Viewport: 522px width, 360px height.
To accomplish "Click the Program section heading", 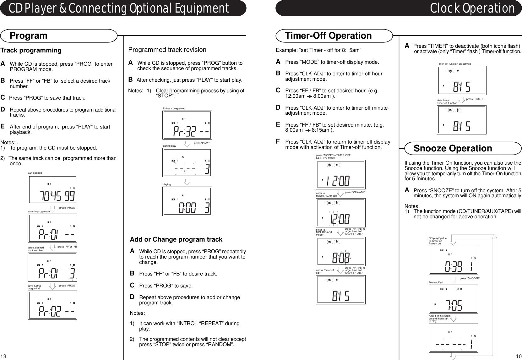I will [29, 35].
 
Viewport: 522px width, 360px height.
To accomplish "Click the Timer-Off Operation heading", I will [328, 35].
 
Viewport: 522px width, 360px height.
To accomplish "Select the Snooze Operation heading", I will [453, 148].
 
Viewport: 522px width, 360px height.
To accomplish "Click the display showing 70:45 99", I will [52, 190].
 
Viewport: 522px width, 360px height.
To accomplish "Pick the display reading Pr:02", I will [52, 305].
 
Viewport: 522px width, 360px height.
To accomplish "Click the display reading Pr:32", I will [187, 125].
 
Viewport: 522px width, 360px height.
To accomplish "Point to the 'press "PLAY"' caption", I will [202, 143].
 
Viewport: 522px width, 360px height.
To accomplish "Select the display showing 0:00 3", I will [187, 201].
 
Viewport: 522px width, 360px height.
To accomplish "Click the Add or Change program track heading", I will [176, 240].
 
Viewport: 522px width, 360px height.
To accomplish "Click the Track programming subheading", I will [31, 50].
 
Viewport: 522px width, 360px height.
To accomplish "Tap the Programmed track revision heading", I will [167, 50].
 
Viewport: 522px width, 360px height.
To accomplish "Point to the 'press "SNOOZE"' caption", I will [470, 279].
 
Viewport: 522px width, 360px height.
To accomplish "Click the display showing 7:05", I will [453, 299].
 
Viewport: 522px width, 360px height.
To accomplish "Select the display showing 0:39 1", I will [453, 260].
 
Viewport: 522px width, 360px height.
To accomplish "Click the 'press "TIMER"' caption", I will [475, 99].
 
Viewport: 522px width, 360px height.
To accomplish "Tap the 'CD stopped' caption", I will [35, 173].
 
